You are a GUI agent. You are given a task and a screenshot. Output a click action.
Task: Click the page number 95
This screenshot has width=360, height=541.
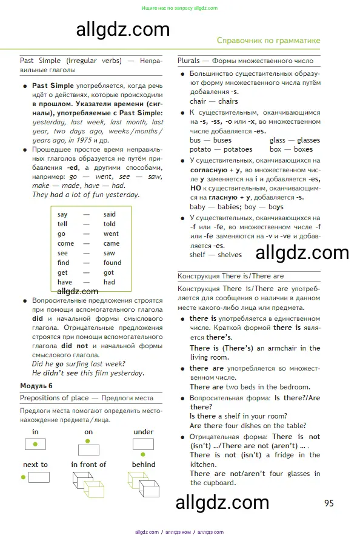pos(329,503)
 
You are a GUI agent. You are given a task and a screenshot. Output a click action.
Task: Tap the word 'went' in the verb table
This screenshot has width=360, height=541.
pos(111,234)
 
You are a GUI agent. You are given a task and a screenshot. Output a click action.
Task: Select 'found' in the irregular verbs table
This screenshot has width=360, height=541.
pos(112,263)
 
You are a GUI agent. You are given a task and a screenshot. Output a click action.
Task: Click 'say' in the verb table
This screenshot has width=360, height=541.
pos(62,214)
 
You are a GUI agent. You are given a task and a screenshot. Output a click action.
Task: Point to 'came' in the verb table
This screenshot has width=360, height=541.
pos(112,243)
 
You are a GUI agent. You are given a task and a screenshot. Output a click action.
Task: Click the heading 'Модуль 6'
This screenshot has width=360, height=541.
pos(36,386)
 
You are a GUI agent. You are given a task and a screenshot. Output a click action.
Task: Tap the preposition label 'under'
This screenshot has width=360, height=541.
pos(143,432)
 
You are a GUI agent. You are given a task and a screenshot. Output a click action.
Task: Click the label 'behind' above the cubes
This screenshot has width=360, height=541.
pos(143,465)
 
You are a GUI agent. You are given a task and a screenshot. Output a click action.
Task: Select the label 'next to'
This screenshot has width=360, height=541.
pos(35,465)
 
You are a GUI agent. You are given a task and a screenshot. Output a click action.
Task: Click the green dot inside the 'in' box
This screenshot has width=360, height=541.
pos(36,445)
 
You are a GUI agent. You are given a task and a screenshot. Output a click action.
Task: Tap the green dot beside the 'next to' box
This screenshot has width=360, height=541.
pos(24,477)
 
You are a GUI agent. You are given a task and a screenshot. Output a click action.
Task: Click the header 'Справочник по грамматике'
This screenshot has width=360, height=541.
pos(268,41)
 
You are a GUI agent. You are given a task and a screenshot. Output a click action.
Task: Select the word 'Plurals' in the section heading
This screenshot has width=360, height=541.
pos(189,61)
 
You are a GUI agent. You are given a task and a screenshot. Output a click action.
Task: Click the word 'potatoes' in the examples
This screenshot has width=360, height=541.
pos(238,149)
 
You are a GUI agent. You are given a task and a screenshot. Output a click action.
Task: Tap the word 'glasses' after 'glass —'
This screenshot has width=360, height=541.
pos(308,140)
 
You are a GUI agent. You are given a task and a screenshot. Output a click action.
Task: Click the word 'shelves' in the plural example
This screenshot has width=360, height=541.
pos(230,255)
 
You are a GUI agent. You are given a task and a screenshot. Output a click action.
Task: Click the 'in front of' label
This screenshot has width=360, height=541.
pos(88,465)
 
